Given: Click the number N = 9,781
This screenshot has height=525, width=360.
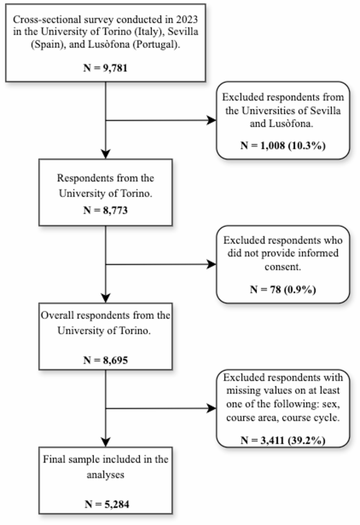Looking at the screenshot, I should pyautogui.click(x=106, y=67).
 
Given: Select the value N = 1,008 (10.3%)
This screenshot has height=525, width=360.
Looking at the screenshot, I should pyautogui.click(x=283, y=145).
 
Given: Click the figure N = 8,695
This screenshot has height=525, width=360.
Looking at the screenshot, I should pyautogui.click(x=106, y=361).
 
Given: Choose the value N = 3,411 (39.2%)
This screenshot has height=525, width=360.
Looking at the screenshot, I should pyautogui.click(x=283, y=440).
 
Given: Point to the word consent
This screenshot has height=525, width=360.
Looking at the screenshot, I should pyautogui.click(x=283, y=266).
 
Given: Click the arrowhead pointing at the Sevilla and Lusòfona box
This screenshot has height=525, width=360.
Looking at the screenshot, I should pyautogui.click(x=212, y=120).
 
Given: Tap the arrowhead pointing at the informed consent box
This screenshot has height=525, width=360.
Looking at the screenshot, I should pyautogui.click(x=212, y=264).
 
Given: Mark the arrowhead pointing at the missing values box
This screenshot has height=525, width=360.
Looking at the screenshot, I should pyautogui.click(x=212, y=408).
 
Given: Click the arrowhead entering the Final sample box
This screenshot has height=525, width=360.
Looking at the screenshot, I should pyautogui.click(x=106, y=441).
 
